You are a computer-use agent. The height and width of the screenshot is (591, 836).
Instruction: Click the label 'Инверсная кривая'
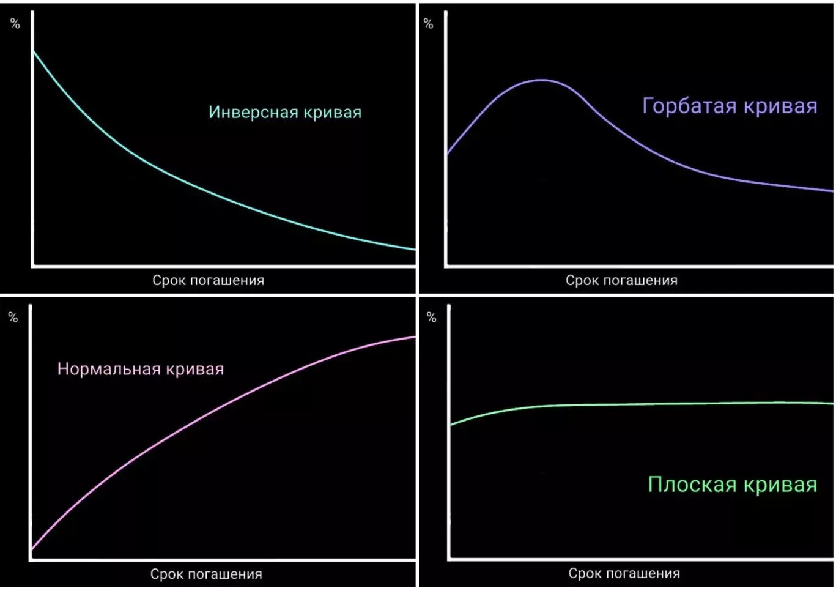pyautogui.click(x=285, y=113)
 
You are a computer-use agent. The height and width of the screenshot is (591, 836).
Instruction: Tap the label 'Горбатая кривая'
pyautogui.click(x=730, y=106)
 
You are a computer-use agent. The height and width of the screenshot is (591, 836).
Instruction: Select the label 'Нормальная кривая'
pyautogui.click(x=141, y=369)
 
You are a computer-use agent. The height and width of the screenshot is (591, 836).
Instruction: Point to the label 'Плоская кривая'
pyautogui.click(x=732, y=485)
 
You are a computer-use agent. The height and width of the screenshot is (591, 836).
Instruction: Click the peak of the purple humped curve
pyautogui.click(x=541, y=80)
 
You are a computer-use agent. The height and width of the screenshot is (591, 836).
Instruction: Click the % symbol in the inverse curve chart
pyautogui.click(x=15, y=24)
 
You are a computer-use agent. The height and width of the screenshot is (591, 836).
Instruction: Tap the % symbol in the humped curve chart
pyautogui.click(x=428, y=24)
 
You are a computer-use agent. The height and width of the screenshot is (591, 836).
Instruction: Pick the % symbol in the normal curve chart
pyautogui.click(x=13, y=318)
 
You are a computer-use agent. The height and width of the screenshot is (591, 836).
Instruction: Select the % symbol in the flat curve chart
pyautogui.click(x=431, y=318)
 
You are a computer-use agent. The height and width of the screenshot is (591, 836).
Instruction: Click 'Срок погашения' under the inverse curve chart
pyautogui.click(x=208, y=281)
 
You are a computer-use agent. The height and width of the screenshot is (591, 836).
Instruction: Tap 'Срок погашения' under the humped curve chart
pyautogui.click(x=621, y=281)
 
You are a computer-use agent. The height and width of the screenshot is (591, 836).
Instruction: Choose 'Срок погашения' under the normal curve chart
pyautogui.click(x=206, y=574)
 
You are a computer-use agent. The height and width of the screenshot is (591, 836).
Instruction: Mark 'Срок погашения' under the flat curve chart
pyautogui.click(x=624, y=574)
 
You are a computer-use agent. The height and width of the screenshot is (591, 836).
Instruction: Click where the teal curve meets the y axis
pyautogui.click(x=34, y=52)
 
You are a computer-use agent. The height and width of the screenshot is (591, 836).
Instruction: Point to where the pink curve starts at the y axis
pyautogui.click(x=32, y=549)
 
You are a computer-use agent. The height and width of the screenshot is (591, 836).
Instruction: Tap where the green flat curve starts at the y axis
pyautogui.click(x=451, y=424)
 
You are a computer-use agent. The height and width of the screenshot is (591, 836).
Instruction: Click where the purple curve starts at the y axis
pyautogui.click(x=447, y=154)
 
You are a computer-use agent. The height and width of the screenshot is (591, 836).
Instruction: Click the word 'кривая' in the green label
pyautogui.click(x=780, y=485)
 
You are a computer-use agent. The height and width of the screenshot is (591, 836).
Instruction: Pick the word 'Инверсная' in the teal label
pyautogui.click(x=254, y=113)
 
